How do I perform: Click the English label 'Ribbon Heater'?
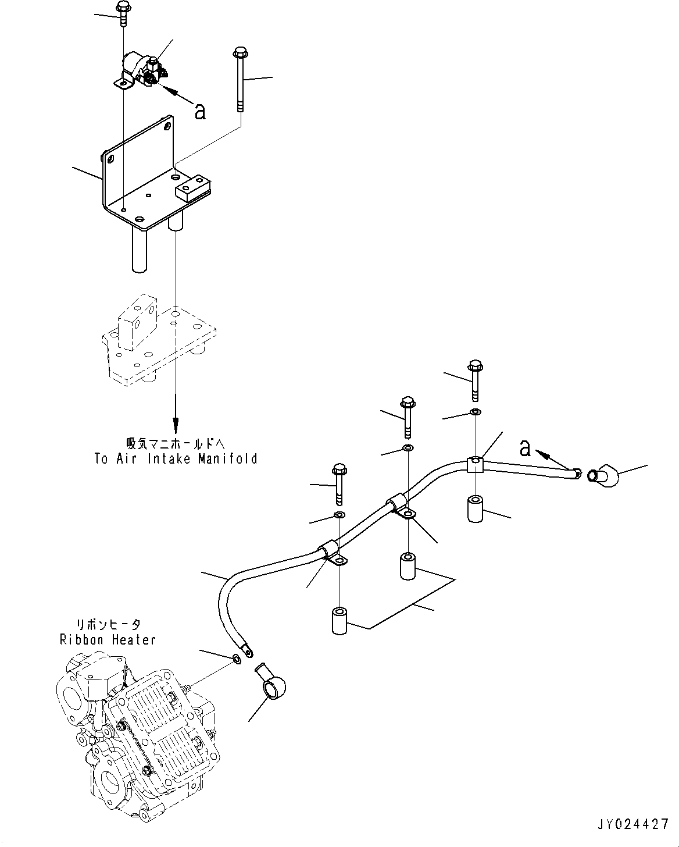pyautogui.click(x=108, y=639)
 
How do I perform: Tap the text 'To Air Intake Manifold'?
pyautogui.click(x=176, y=459)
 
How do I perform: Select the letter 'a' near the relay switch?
pyautogui.click(x=200, y=111)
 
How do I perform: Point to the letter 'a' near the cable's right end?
pyautogui.click(x=525, y=447)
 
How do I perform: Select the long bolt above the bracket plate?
pyautogui.click(x=241, y=79)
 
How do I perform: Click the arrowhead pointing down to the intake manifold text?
pyautogui.click(x=175, y=424)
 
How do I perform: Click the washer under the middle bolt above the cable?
pyautogui.click(x=408, y=449)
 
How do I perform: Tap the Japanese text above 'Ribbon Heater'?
pyautogui.click(x=108, y=624)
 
